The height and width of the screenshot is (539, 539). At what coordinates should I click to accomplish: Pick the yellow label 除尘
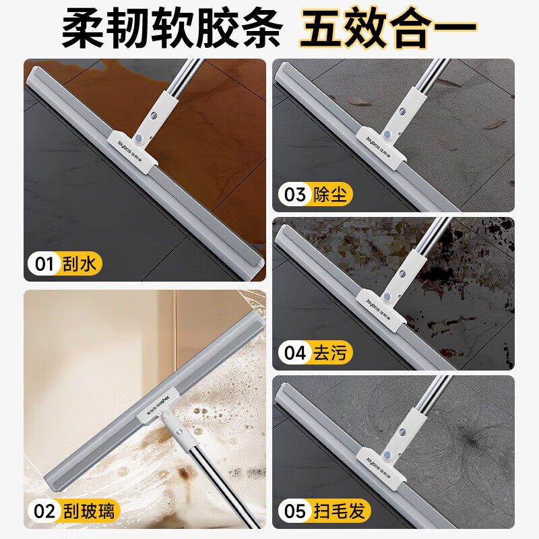[x=330, y=195]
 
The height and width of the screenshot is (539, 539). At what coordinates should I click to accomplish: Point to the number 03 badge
[x=295, y=195]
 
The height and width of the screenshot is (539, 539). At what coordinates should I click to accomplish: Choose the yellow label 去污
[x=330, y=352]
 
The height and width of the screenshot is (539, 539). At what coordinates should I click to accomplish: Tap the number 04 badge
[x=295, y=352]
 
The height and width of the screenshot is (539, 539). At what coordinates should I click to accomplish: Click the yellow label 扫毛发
[x=340, y=511]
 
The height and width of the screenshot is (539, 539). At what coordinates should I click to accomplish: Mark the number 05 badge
[x=295, y=511]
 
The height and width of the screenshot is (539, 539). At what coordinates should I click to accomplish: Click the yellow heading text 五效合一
[x=388, y=28]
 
